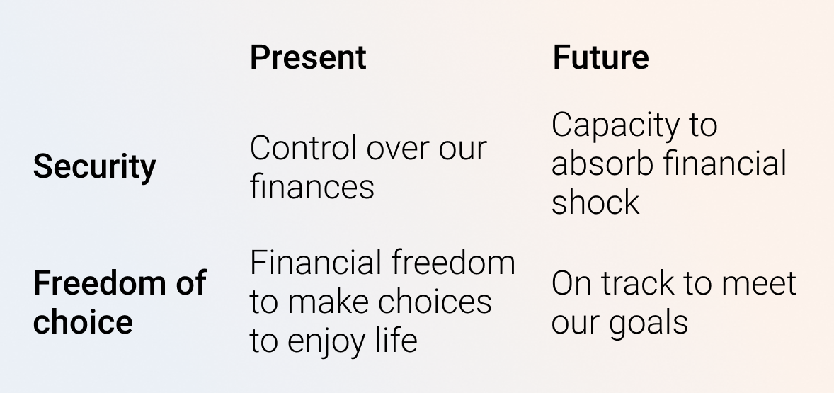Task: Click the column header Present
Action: tap(308, 57)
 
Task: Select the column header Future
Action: tap(600, 57)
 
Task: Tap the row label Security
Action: tap(94, 167)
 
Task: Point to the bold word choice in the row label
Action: tap(83, 321)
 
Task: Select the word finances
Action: tap(312, 187)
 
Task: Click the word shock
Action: tap(595, 203)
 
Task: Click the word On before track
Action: tap(570, 283)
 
